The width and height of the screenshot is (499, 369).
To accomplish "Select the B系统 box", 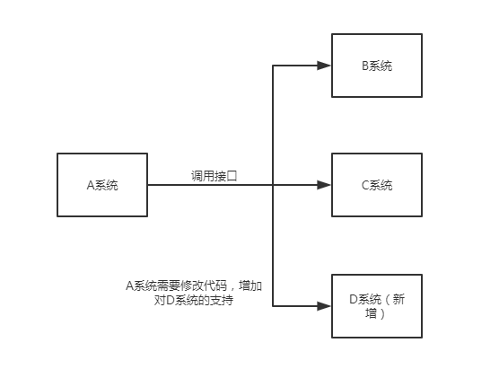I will coord(376,66).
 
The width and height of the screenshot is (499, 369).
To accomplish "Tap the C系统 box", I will coord(376,185).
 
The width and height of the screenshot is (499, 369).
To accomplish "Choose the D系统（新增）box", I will coord(376,305).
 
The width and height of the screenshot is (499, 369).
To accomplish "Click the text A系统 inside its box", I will coord(102,185).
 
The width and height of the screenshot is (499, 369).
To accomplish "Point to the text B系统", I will coord(376,66).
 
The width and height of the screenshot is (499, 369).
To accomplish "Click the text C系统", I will coord(376,185).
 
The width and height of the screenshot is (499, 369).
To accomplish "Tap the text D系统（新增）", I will coord(376,305).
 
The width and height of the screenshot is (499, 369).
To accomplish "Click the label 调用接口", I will coord(214,175).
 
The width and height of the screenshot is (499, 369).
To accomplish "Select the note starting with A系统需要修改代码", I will coord(195,293).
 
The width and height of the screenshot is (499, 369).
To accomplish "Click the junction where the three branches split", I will coord(273,185).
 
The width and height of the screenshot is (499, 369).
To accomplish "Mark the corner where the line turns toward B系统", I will coord(273,66).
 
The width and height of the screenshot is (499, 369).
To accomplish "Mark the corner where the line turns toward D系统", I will coord(273,305).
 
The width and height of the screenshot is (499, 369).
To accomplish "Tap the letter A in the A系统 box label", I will coord(91,185).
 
